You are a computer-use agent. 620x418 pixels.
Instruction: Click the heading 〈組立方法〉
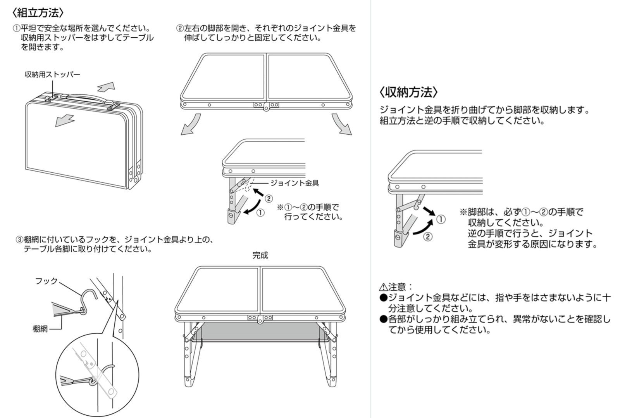[x=37, y=13]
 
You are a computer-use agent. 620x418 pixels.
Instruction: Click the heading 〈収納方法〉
[x=409, y=92]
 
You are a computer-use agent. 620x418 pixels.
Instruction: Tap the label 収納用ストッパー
[x=52, y=74]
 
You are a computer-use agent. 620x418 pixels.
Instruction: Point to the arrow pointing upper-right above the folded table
[x=107, y=86]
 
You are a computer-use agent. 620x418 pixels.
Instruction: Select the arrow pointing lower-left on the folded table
[x=64, y=120]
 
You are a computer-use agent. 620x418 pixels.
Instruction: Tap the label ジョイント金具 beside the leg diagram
[x=294, y=183]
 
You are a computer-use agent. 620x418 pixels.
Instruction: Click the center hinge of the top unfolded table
[x=266, y=107]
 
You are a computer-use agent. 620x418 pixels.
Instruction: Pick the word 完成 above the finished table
[x=260, y=255]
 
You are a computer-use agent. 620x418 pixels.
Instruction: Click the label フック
[x=46, y=280]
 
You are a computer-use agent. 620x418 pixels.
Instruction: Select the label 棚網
[x=40, y=329]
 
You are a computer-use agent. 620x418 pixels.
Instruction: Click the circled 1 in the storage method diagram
[x=441, y=219]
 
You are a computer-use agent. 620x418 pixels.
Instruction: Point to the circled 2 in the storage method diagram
[x=427, y=236]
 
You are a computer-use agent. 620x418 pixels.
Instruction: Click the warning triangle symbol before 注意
[x=383, y=287]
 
